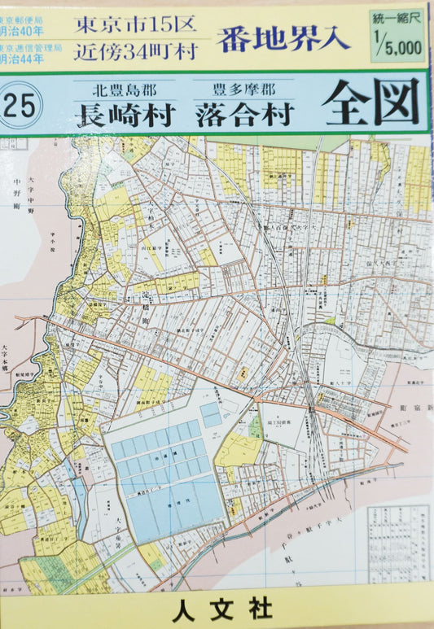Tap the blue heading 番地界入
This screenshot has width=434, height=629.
click(x=283, y=37)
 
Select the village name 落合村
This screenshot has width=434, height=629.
click(x=243, y=115)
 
